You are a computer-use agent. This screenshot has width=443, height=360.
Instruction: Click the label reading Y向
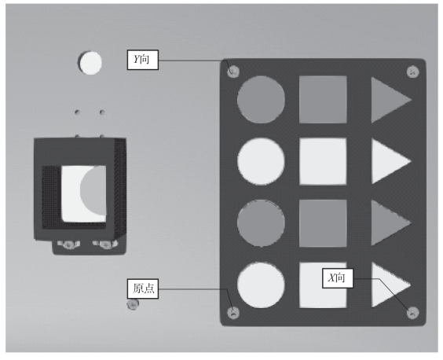[x=143, y=60]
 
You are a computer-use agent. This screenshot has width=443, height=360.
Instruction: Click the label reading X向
[x=338, y=278]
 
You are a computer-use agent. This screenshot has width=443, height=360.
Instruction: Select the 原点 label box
[x=143, y=288]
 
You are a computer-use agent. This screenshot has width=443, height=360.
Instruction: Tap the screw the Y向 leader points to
[x=233, y=72]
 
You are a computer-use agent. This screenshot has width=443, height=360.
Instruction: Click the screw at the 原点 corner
[x=233, y=313]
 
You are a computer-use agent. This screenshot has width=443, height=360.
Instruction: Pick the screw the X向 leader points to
[x=413, y=313]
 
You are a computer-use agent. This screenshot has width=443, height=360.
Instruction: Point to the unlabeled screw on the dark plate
[x=413, y=72]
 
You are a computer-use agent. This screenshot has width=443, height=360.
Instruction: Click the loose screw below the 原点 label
[x=133, y=304]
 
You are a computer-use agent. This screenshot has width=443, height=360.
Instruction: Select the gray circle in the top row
[x=261, y=100]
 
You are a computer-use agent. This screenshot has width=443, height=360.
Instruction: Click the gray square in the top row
[x=323, y=100]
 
